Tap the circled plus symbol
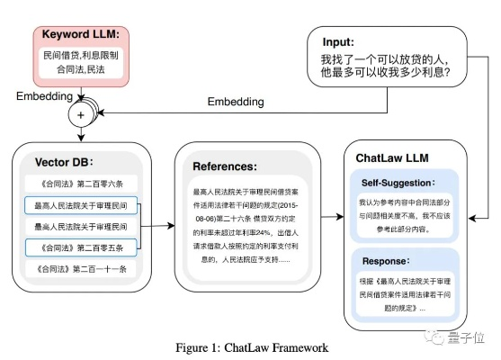(82, 116)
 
